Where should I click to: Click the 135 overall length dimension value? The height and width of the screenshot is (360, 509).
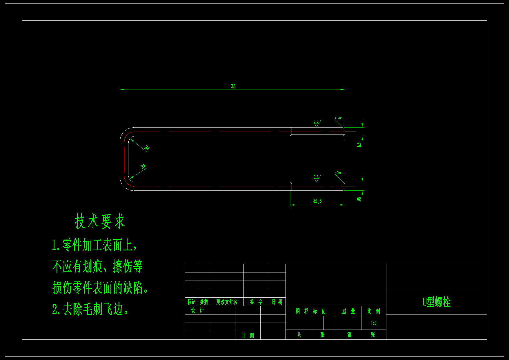coord(232,86)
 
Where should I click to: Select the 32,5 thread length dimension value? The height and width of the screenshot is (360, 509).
coord(317,201)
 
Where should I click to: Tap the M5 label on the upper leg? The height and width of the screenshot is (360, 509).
coord(359,144)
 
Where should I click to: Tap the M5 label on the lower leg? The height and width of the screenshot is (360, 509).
coord(359,199)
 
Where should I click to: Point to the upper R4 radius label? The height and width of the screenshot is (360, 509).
coord(147,148)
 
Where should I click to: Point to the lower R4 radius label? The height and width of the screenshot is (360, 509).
coord(143,167)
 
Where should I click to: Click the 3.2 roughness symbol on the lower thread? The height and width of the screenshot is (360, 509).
coord(317,178)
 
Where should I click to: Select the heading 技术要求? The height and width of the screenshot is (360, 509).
coord(100,221)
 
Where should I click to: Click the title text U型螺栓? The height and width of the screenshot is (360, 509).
coord(436,302)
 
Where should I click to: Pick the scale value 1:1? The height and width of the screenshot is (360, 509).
coord(374,323)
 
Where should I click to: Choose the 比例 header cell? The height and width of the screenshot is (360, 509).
coord(374,311)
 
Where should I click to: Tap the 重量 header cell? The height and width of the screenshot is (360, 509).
coord(348,311)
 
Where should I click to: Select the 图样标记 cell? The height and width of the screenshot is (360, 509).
coord(310,311)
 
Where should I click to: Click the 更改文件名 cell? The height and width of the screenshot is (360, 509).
coord(227,302)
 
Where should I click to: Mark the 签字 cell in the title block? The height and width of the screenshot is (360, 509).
coord(256,302)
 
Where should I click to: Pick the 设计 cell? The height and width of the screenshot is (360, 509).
coord(197,310)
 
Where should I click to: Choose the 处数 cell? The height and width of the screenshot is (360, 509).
coord(204,302)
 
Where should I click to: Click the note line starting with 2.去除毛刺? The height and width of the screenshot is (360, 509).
coord(91,309)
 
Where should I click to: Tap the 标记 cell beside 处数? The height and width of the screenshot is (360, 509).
coord(191,302)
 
